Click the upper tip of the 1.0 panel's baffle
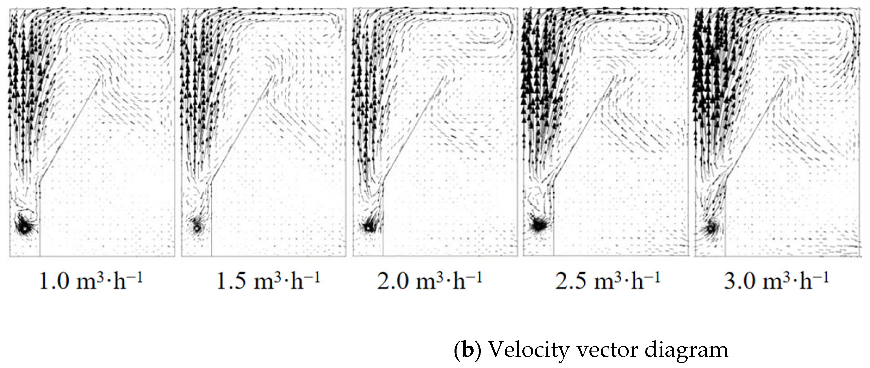click(x=100, y=78)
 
